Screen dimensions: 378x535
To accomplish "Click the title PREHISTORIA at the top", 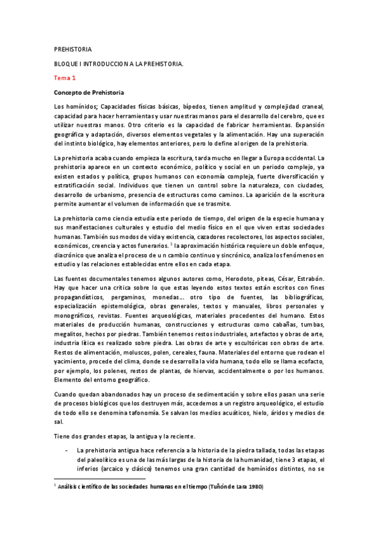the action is tap(73, 49).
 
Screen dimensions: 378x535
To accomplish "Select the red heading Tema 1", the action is tap(64, 78).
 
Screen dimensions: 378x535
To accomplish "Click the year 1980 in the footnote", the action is tap(254, 487).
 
